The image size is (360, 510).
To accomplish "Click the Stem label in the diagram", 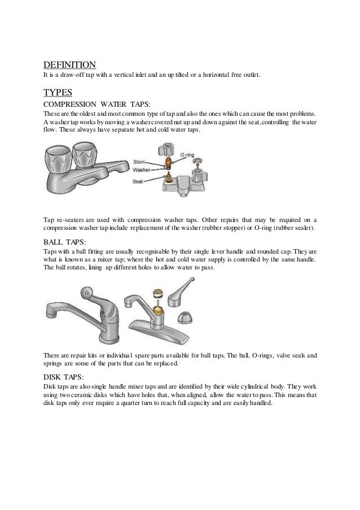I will point(139,162).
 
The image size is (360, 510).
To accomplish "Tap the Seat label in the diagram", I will point(138,181).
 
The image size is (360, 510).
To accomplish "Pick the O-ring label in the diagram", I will point(187,154).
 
